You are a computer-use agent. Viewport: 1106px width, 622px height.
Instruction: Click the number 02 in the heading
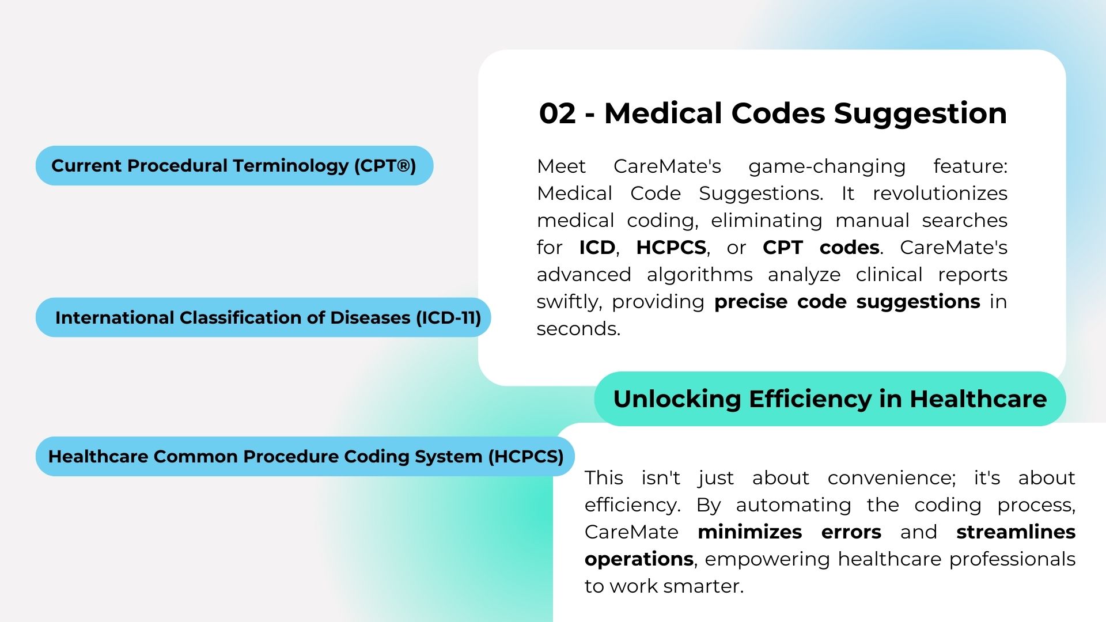557,113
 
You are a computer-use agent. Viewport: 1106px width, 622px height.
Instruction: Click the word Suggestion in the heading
921,113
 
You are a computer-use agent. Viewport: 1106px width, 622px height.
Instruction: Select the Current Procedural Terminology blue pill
234,166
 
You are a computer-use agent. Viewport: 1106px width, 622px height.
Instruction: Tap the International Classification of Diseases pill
263,317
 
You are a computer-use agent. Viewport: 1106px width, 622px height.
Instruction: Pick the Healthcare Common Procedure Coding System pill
305,456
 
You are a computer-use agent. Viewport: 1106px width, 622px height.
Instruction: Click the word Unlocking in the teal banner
677,399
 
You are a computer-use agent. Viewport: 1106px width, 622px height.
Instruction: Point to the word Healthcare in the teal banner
978,399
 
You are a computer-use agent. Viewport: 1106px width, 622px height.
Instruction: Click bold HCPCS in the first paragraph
671,248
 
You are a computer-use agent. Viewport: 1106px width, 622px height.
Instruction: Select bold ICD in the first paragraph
597,248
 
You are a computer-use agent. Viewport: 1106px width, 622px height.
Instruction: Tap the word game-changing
827,166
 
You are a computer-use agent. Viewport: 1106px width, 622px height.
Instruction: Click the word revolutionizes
940,194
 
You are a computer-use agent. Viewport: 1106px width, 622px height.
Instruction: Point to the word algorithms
700,275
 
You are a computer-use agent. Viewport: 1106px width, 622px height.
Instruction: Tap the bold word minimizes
749,532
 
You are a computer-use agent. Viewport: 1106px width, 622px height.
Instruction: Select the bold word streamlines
1016,532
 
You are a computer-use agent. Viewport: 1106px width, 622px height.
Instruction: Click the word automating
793,505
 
